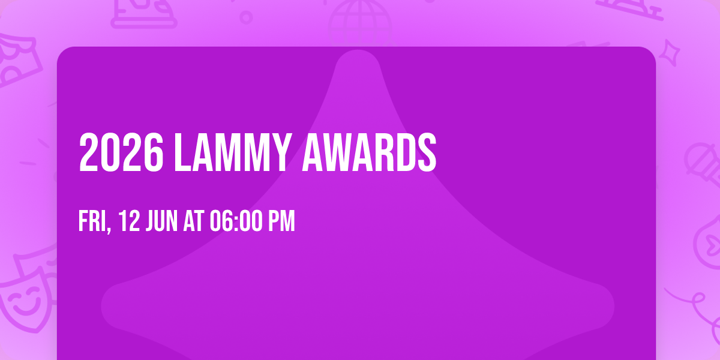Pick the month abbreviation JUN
pos(161,222)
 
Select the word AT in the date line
pos(194,222)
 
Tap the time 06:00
pos(235,222)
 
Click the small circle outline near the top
pos(246,17)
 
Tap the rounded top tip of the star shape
pos(359,60)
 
